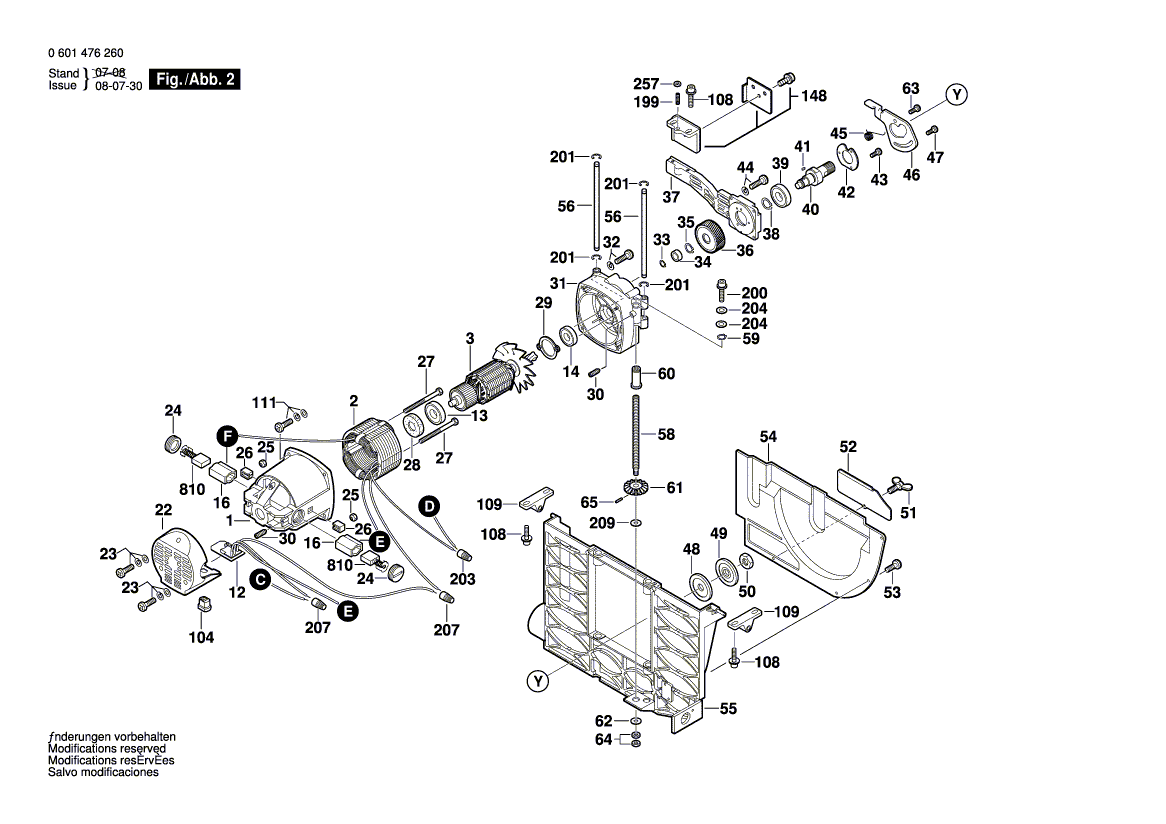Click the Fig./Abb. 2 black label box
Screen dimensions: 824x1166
tap(194, 79)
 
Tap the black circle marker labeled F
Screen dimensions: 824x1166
tap(227, 435)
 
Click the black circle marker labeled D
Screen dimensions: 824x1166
tap(428, 506)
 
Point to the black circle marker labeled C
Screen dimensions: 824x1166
tap(259, 579)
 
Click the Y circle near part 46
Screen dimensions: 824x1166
tap(957, 95)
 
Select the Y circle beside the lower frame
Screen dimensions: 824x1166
tap(539, 682)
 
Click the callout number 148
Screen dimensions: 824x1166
tap(814, 96)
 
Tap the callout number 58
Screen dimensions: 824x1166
tap(665, 434)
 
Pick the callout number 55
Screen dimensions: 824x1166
tap(728, 709)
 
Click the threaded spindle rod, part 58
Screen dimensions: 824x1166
tap(636, 434)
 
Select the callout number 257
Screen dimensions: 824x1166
tap(647, 83)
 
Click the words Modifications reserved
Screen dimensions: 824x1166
tap(107, 749)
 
